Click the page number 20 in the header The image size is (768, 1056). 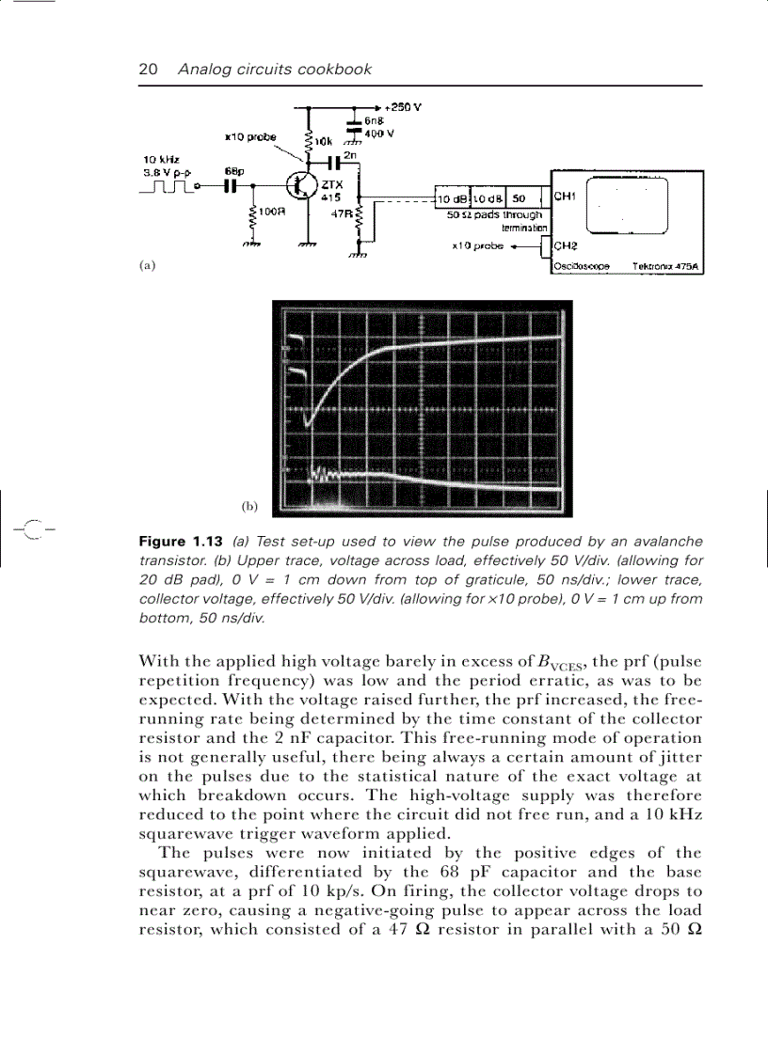(x=148, y=69)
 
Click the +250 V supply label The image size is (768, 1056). (x=402, y=107)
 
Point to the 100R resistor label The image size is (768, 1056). (x=273, y=212)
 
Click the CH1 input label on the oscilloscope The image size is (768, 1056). (x=565, y=197)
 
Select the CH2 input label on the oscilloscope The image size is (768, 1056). (x=565, y=247)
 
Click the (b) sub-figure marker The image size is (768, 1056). (x=248, y=506)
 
